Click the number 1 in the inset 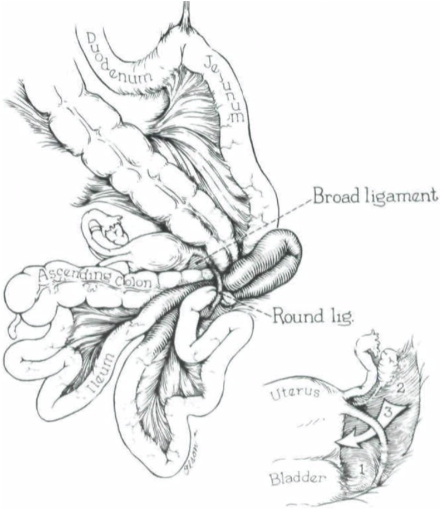361,468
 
